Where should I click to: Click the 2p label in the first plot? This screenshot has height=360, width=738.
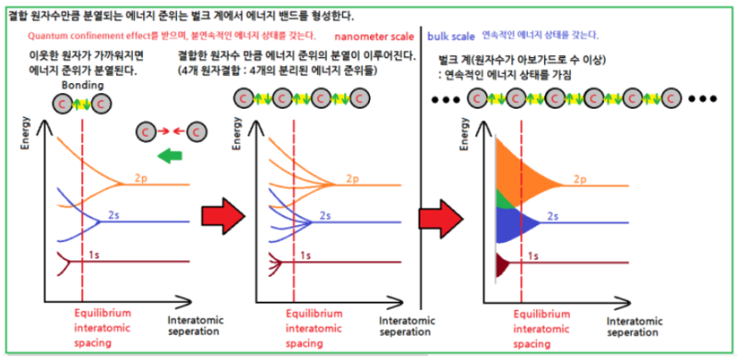pos(142,175)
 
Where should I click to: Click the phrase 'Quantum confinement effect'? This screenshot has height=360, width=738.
pos(87,35)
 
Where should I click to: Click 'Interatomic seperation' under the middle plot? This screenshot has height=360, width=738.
pos(407,325)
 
